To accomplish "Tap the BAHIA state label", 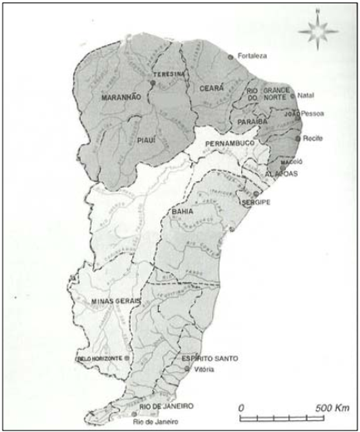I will (182, 213).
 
